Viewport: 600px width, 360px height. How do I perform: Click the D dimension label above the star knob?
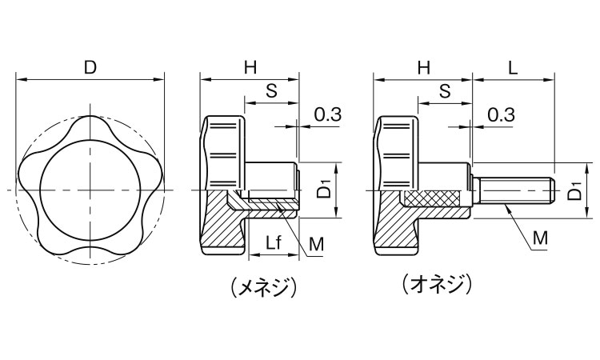pos(90,68)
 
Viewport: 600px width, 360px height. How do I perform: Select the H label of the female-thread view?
pos(250,68)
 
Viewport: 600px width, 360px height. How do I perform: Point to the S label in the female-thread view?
pos(271,91)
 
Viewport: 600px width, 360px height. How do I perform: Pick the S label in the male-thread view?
pos(445,91)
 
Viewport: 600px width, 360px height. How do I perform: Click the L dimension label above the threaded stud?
pos(513,68)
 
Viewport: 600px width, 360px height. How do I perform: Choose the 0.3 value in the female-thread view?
pos(327,114)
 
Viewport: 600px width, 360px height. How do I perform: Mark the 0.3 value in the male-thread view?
pos(500,114)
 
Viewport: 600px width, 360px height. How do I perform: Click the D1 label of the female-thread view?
pos(322,190)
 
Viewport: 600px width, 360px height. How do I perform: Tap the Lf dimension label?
pos(273,242)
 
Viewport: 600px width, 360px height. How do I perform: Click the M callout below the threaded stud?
pos(541,238)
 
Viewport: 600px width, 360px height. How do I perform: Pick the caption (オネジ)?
pos(437,283)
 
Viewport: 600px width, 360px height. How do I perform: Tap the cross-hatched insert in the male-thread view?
pos(433,198)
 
